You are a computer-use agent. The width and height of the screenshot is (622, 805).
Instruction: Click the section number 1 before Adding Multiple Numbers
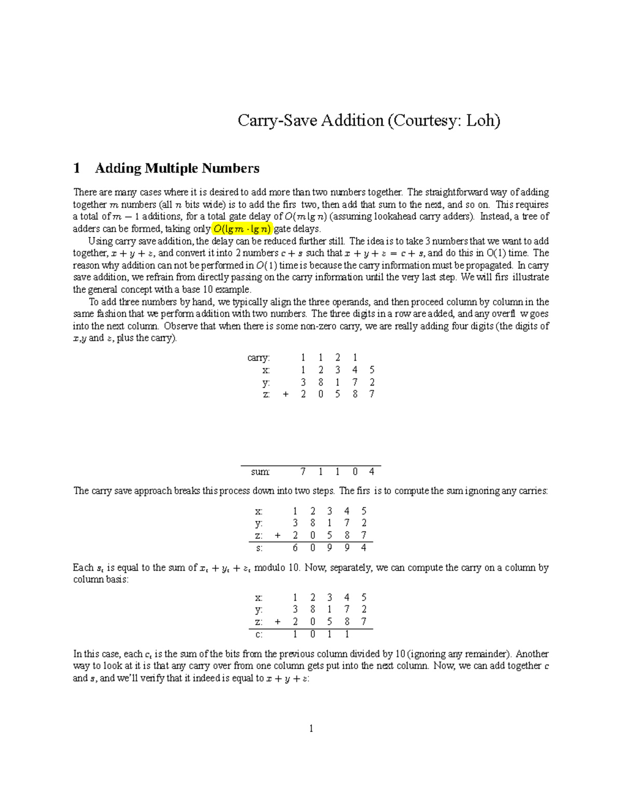point(77,168)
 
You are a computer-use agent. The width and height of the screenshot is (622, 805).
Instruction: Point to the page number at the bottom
point(311,729)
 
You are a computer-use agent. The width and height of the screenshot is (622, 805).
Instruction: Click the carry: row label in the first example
point(259,358)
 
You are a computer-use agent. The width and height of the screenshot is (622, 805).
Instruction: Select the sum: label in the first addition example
point(260,472)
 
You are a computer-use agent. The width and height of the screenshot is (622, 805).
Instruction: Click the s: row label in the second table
point(260,548)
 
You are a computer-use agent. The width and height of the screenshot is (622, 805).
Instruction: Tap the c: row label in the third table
point(259,634)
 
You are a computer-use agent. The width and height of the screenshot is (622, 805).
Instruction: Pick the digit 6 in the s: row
point(295,548)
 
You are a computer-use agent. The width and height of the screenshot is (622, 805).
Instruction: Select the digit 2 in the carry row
point(338,358)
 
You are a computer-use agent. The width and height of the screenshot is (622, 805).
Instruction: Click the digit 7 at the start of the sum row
point(303,472)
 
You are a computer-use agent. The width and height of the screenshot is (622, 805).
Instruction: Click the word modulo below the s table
point(270,568)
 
